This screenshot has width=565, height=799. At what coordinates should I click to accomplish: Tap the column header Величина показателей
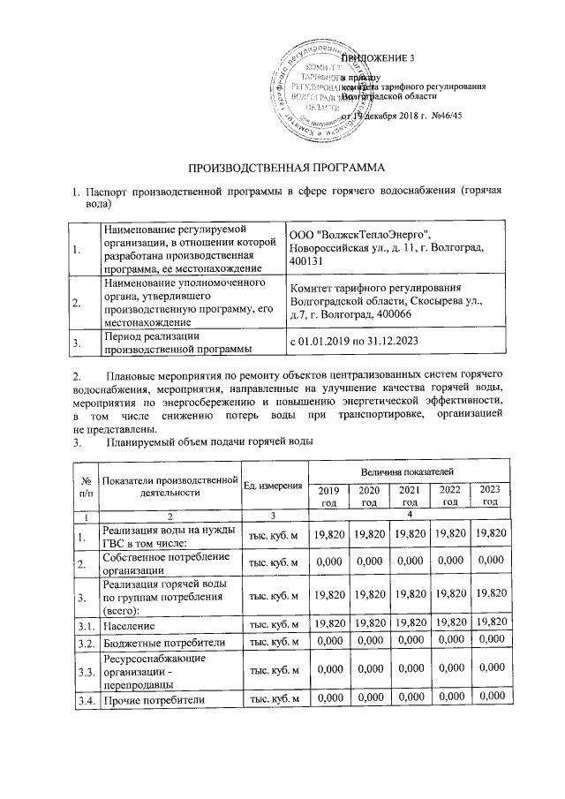pos(404,476)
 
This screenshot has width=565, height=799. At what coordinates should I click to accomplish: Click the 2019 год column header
pos(328,495)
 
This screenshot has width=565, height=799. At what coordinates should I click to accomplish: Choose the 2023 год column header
pos(490,495)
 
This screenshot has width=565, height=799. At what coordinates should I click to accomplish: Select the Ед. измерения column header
pos(274,486)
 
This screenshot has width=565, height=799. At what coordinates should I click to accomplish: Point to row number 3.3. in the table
pos(87,671)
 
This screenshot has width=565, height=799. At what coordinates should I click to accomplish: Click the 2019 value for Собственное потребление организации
pos(328,563)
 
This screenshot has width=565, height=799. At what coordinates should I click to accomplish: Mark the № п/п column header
pos(87,486)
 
